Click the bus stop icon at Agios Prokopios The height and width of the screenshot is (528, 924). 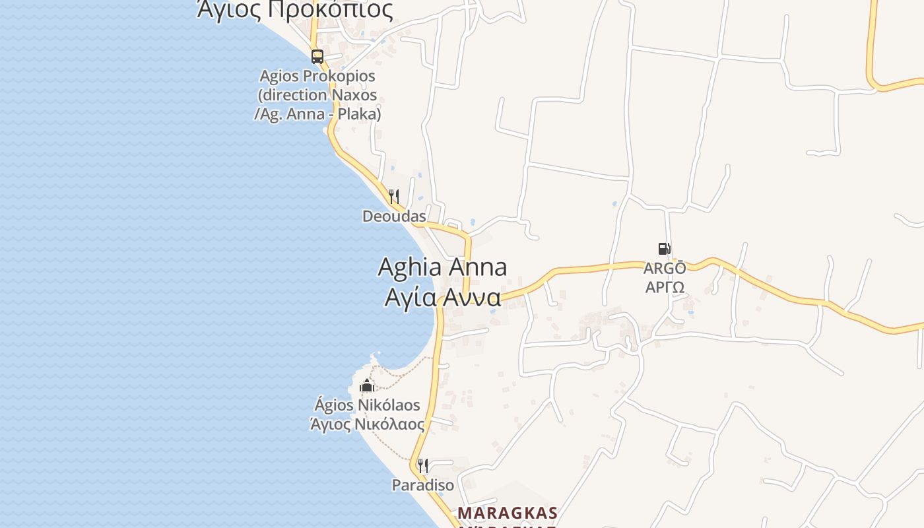(x=317, y=56)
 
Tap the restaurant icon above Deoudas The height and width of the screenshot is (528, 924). (x=394, y=196)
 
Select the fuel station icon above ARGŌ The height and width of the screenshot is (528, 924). (x=664, y=249)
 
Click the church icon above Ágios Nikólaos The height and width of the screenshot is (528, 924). (x=367, y=385)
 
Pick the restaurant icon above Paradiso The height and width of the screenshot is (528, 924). (x=423, y=466)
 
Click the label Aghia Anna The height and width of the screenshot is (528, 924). (x=442, y=267)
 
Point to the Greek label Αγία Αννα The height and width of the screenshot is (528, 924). (x=443, y=298)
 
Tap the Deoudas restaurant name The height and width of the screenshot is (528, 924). (x=394, y=216)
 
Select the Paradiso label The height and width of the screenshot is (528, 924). (x=423, y=485)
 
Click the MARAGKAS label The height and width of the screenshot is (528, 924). (x=508, y=513)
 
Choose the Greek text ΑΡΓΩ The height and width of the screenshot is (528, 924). (x=665, y=287)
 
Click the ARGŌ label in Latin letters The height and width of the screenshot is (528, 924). (x=665, y=269)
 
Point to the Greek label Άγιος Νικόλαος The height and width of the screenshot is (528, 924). (x=367, y=424)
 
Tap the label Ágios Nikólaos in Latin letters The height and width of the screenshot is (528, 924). (x=367, y=405)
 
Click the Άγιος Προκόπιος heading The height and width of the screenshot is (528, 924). (x=295, y=10)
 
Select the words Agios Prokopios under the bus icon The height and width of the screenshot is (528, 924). (x=317, y=76)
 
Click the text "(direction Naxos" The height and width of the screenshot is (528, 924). (x=317, y=95)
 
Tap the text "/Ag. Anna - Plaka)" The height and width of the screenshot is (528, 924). (x=317, y=114)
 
